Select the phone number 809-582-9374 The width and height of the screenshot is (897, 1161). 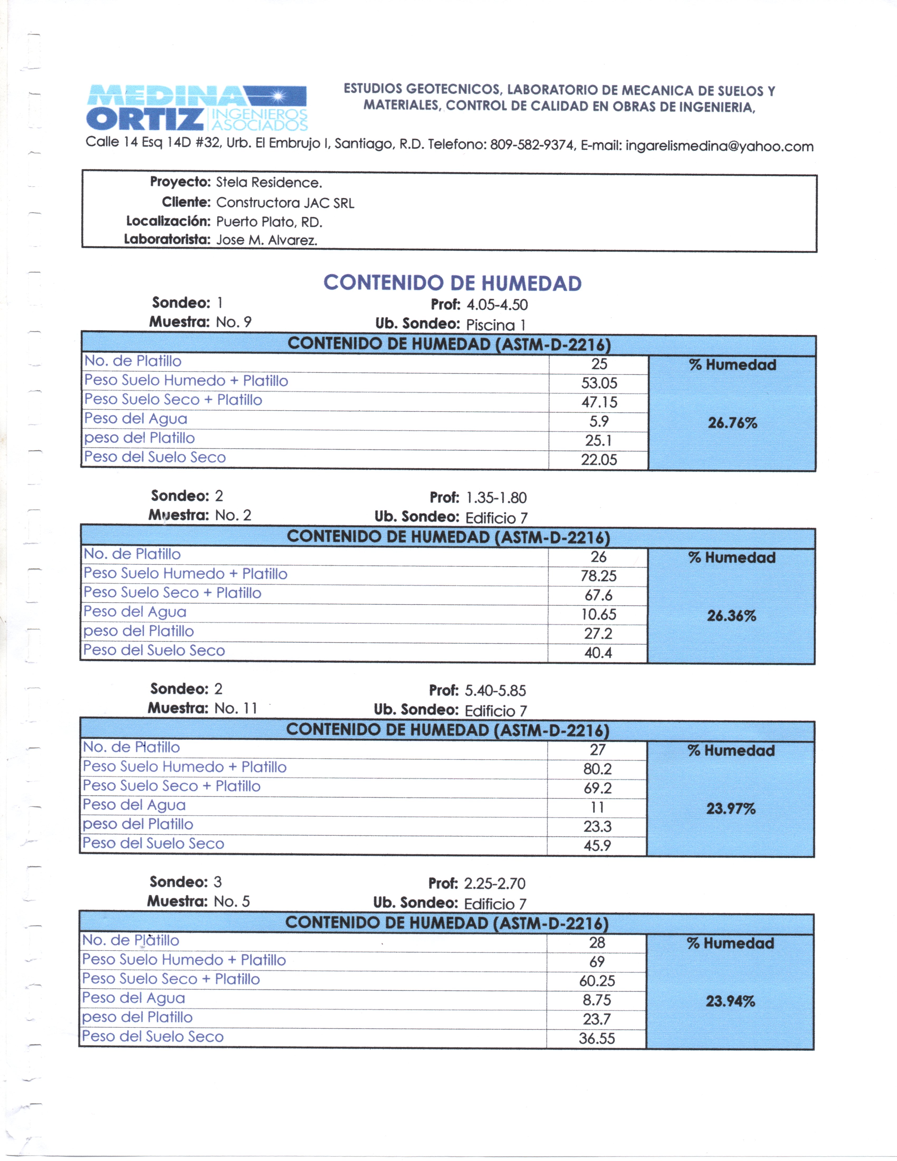(531, 145)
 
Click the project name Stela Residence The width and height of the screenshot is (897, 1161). (269, 183)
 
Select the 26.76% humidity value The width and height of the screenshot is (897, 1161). (732, 423)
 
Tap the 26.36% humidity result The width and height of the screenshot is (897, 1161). (731, 616)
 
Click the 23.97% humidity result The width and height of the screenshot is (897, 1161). (731, 809)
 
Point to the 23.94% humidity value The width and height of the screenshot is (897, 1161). (730, 1002)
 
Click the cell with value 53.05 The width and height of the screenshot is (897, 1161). (599, 383)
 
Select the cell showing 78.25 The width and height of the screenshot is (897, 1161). (598, 576)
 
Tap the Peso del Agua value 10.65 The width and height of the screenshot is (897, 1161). (598, 615)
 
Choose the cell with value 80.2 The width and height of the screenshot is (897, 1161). (597, 769)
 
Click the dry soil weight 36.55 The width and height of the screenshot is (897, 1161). (597, 1039)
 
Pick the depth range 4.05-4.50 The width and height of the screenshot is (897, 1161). (497, 305)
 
